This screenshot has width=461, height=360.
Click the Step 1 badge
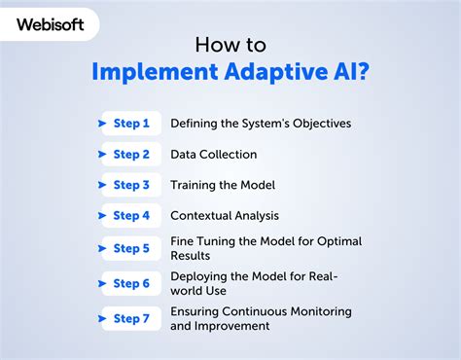click(130, 123)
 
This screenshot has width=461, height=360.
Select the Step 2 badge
click(130, 154)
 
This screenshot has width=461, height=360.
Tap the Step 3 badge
click(130, 185)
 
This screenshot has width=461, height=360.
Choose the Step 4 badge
click(130, 216)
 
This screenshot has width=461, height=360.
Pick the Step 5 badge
click(130, 248)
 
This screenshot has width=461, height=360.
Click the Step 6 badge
click(130, 283)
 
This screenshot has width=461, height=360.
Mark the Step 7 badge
click(130, 318)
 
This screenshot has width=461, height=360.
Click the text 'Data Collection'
click(213, 154)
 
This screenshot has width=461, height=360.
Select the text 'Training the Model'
click(223, 185)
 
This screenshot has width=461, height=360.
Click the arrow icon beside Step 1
click(103, 123)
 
